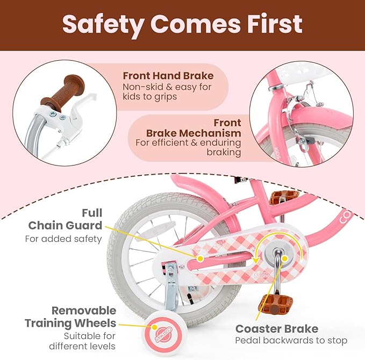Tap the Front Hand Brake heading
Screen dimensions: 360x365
coord(168,76)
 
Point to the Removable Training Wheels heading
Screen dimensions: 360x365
coord(70,316)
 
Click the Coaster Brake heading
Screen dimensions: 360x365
coord(276,328)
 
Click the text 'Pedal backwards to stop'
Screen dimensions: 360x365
coord(291,341)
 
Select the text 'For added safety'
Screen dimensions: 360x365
coord(63,239)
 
